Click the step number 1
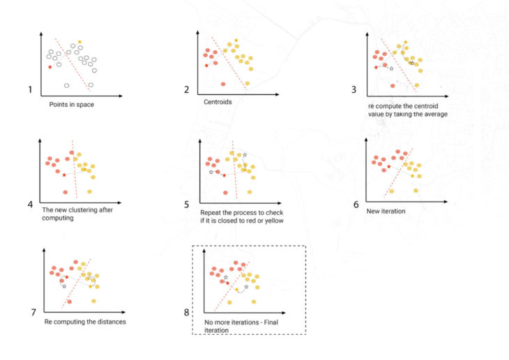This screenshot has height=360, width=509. [x=30, y=90]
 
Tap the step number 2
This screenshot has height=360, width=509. [x=187, y=90]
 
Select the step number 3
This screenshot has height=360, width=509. [x=354, y=89]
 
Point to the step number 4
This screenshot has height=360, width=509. [x=30, y=205]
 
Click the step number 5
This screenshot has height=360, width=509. [x=187, y=205]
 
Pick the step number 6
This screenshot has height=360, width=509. [x=356, y=205]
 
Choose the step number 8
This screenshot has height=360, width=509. [x=186, y=312]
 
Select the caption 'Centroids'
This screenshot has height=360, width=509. [x=218, y=101]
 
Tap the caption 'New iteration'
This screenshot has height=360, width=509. [x=385, y=210]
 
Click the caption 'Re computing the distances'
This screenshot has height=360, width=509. [x=84, y=322]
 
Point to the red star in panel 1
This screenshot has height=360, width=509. [x=50, y=67]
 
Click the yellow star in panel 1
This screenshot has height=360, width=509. [x=79, y=42]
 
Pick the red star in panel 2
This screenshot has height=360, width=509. [x=207, y=66]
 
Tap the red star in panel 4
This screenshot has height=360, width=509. [x=64, y=174]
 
